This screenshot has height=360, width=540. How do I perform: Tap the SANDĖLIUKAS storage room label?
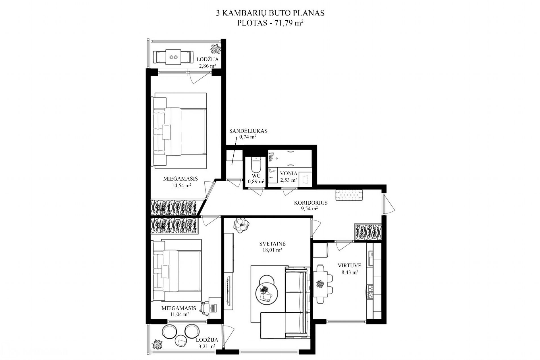(x=248, y=131)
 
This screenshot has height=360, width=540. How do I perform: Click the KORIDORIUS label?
(x=311, y=203)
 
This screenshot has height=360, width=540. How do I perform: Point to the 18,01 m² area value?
(x=272, y=250)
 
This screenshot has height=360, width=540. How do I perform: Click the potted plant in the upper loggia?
(x=216, y=49)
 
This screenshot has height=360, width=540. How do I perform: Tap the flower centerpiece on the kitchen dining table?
(x=320, y=284)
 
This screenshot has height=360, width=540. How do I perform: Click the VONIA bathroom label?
(x=288, y=173)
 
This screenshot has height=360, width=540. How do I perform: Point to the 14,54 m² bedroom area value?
(x=181, y=186)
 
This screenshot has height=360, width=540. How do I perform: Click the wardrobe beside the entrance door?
(x=368, y=232)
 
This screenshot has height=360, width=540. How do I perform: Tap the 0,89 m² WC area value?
(x=256, y=181)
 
